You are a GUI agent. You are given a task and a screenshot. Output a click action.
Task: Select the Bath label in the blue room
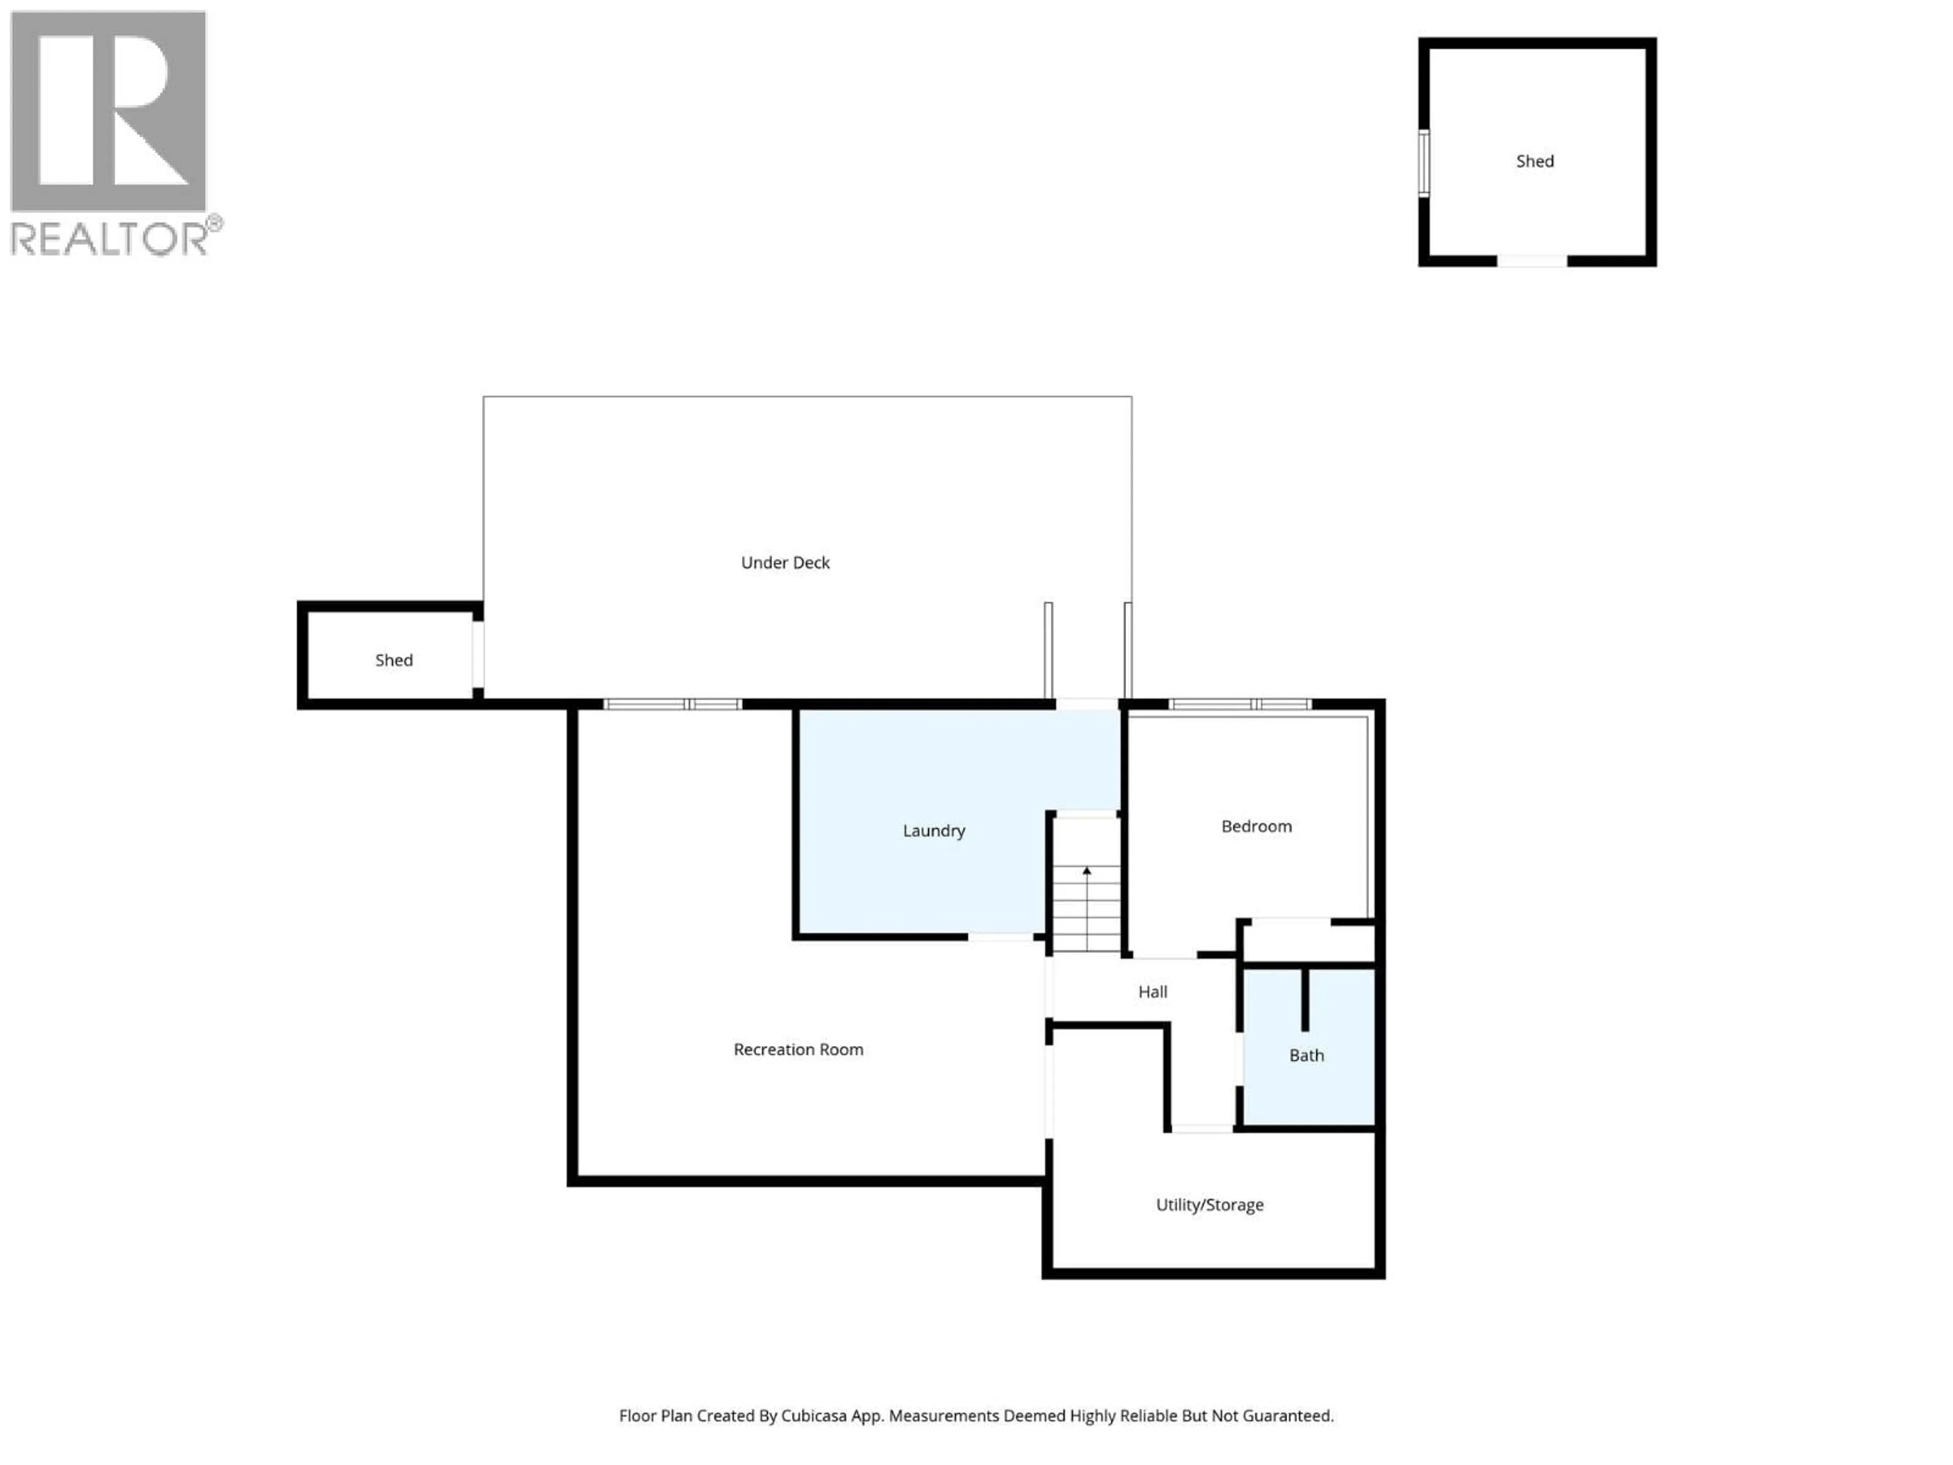tap(1306, 1056)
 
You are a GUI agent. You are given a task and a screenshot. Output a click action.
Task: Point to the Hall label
tap(1152, 992)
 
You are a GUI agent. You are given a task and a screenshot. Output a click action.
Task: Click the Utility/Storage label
tap(1209, 1205)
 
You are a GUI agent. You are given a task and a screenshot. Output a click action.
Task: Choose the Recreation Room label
tap(798, 1049)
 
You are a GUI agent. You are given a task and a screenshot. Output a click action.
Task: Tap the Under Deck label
tap(785, 563)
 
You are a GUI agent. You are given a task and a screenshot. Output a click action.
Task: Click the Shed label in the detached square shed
tap(1534, 161)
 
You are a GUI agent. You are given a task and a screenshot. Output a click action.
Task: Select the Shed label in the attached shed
tap(394, 660)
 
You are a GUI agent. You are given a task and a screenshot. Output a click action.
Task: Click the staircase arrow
tap(1087, 871)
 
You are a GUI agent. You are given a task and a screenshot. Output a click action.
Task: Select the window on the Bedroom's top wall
tap(1239, 704)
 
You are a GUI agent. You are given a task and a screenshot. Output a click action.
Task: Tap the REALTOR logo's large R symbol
tap(108, 110)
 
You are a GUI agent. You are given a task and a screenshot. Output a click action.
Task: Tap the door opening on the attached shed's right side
tap(478, 654)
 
